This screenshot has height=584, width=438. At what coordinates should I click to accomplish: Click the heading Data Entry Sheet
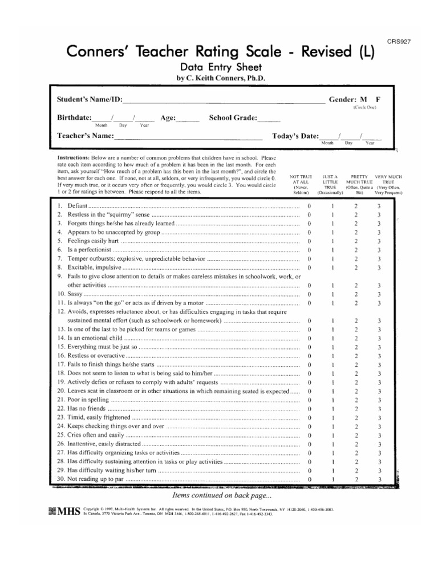coord(221,67)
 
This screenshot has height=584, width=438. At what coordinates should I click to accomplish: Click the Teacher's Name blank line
coord(188,137)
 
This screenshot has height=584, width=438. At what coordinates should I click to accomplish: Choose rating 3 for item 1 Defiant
coord(379,205)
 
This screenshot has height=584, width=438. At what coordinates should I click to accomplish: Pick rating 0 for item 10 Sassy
coord(309,294)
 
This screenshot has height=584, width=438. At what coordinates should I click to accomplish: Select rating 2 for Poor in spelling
coord(356,400)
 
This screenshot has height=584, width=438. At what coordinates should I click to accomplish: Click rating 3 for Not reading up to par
coord(379,480)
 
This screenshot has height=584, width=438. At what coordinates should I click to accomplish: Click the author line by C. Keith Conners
coord(221,78)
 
